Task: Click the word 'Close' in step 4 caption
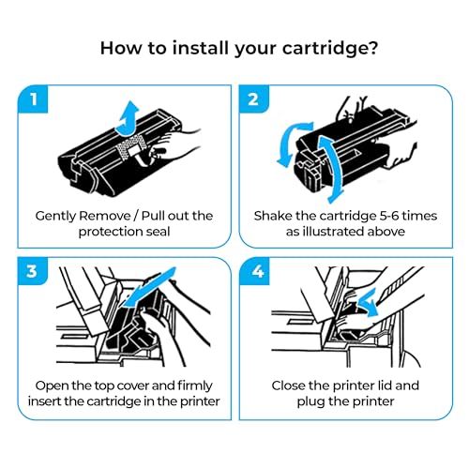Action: [x=293, y=386]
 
